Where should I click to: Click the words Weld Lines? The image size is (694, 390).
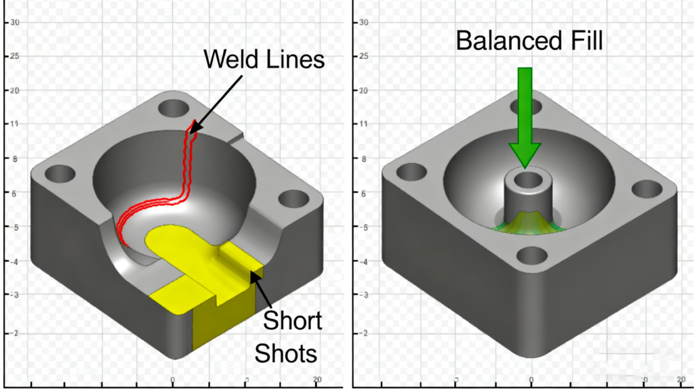(264, 59)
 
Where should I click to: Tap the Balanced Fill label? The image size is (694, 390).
(529, 40)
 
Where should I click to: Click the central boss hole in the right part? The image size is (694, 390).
(525, 181)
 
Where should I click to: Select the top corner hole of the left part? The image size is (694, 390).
(175, 108)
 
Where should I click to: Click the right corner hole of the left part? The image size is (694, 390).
(293, 198)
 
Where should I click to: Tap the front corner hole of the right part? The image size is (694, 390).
(532, 256)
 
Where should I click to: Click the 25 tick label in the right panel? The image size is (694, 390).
(363, 56)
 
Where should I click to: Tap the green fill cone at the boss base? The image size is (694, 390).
(525, 221)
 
